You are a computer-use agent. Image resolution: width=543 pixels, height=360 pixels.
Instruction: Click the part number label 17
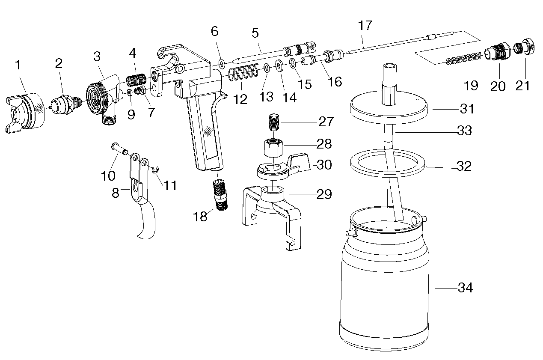365,25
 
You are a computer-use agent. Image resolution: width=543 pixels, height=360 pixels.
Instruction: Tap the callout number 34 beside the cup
465,288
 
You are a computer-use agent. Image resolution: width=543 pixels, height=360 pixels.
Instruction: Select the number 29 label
324,194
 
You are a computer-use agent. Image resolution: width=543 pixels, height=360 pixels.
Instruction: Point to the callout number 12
240,99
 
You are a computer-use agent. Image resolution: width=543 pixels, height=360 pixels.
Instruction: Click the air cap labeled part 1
25,113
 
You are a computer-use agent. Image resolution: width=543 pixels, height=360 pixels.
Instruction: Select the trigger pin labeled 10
120,149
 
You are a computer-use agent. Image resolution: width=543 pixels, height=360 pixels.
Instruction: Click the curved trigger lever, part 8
142,196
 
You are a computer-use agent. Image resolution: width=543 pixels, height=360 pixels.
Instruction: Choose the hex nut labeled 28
273,148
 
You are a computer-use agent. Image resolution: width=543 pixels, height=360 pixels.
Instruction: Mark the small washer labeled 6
222,63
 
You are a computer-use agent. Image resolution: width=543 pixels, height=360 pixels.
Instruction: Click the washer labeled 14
279,65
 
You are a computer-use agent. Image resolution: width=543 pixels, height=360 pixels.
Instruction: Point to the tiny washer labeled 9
130,92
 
